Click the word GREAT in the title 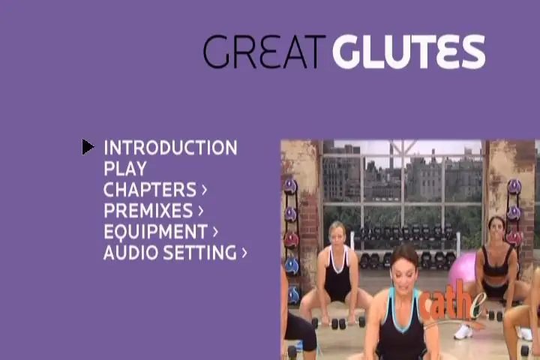pos(264,51)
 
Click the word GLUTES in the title pos(409,51)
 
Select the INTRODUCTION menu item pos(170,148)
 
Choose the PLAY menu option pos(125,169)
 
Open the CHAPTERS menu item pos(150,190)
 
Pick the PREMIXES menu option pos(148,211)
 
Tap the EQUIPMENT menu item pos(155,232)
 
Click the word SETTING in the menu pos(200,253)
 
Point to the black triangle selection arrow pos(88,147)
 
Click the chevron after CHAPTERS pos(204,190)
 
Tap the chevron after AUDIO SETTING pos(244,253)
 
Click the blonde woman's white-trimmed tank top pos(337,272)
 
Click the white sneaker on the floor pos(463,331)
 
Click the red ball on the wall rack pos(291,239)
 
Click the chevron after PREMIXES pos(201,211)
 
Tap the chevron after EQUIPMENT pos(215,232)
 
